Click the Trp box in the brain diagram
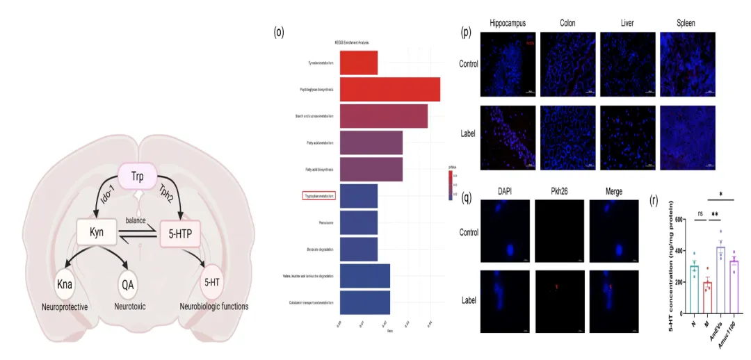tap(138, 177)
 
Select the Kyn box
tap(97, 232)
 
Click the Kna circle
tap(65, 284)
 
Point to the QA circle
tap(127, 284)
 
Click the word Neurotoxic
tap(130, 306)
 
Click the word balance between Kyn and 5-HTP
tap(136, 220)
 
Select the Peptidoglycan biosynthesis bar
tap(389, 89)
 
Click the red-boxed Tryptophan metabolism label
tap(318, 196)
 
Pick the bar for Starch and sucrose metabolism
tap(383, 115)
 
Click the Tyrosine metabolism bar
tap(358, 63)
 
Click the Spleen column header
tap(686, 23)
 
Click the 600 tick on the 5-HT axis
tap(678, 220)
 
